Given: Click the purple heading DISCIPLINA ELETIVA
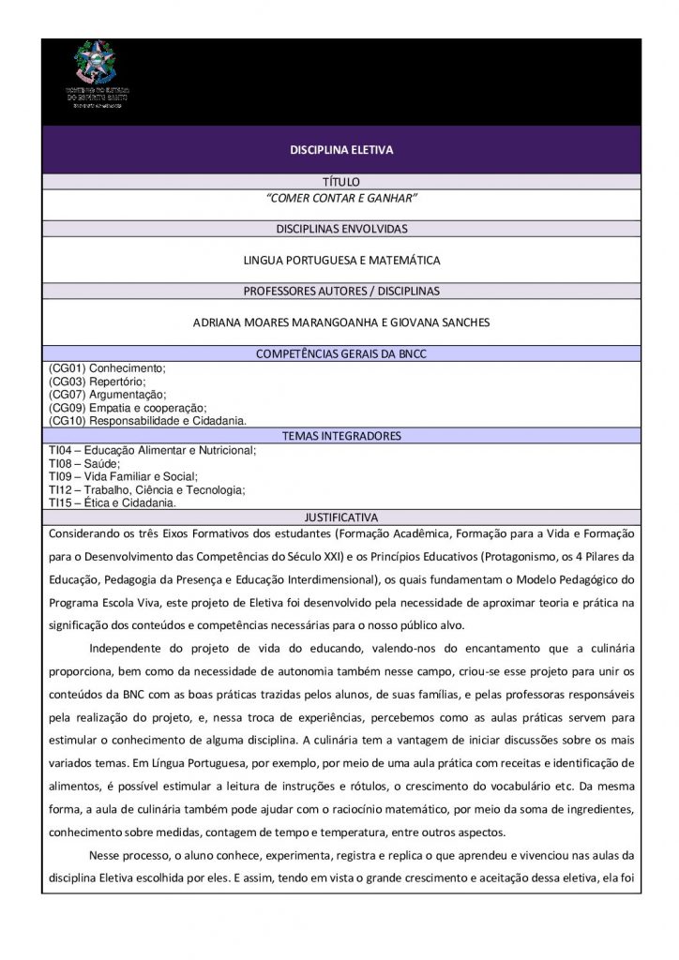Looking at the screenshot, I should (340, 149).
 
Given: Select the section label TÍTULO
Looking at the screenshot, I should (340, 181).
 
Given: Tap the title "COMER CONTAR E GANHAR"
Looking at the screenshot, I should (340, 198).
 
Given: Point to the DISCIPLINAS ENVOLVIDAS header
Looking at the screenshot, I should (340, 229).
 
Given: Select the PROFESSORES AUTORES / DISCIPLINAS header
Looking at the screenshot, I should (340, 291).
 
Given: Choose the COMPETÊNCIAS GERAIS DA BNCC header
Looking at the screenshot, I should (340, 353).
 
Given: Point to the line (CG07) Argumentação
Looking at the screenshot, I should (107, 395).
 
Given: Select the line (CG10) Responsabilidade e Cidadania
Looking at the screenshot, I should (147, 421).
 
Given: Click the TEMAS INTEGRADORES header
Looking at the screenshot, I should (340, 436).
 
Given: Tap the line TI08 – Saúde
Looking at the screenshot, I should (84, 463).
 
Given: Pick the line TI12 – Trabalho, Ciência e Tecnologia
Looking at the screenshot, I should (146, 489).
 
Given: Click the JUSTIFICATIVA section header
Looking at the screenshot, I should (340, 517).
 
